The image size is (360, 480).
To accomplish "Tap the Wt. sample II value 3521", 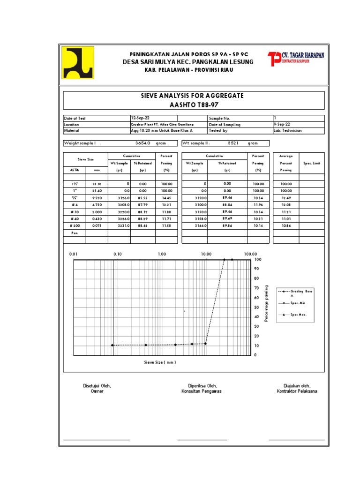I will [233, 143].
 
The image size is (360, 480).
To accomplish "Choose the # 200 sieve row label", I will [74, 225].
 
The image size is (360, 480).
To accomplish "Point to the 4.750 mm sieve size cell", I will [97, 204].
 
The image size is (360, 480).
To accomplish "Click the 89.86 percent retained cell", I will [227, 225].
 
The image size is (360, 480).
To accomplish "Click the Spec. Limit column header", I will [312, 163].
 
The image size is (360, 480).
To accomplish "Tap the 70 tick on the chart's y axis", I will [256, 288].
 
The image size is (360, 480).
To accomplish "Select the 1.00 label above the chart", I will [162, 254].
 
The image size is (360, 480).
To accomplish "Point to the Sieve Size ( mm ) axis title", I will [160, 362].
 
